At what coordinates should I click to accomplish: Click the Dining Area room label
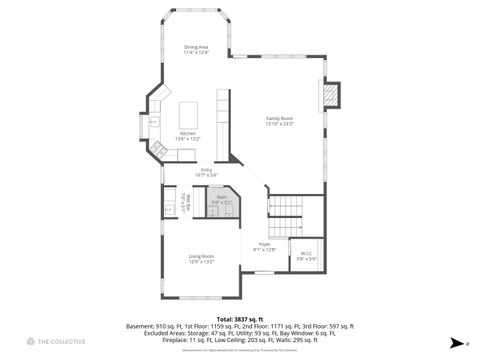coord(196,47)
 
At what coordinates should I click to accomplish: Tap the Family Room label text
coord(278,118)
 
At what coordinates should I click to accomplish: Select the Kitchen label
coord(188,133)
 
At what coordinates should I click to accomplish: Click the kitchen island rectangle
coord(189,110)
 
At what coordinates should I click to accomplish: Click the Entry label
coord(207,170)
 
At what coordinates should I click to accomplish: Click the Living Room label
coord(201,256)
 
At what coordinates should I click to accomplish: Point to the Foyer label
coord(265,244)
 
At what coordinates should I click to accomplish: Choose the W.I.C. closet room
coord(306,254)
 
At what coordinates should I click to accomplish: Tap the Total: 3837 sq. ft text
coord(240,319)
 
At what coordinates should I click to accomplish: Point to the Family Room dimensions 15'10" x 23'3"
coord(278,124)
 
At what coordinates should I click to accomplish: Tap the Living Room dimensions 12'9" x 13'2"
coord(201,262)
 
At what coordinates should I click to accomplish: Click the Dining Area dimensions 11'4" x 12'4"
coord(196,53)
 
